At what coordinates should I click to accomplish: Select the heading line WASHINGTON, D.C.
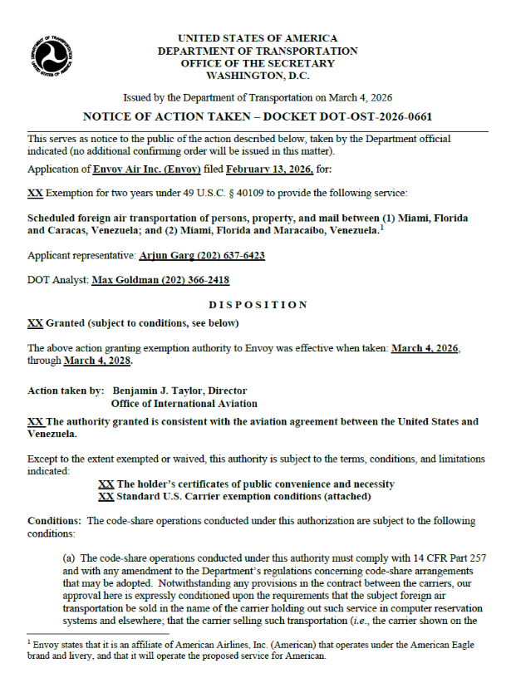coord(258,75)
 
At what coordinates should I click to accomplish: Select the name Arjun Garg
coord(159,256)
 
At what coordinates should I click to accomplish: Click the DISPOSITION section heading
coord(258,305)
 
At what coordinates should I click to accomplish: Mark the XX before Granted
coord(35,323)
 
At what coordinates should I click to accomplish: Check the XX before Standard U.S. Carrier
coord(106,497)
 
